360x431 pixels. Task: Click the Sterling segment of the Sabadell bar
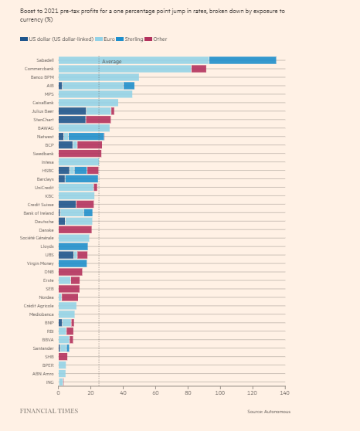[242, 60]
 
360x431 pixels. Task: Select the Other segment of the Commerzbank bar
[199, 69]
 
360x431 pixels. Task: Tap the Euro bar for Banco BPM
[98, 77]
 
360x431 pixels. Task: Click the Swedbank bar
[80, 153]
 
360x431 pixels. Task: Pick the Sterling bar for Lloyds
[73, 246]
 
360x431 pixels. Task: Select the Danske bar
[75, 229]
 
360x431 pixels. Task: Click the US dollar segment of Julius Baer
[72, 111]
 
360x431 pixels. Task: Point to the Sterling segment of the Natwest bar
[86, 136]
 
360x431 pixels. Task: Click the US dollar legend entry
[59, 39]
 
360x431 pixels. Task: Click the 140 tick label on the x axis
[284, 393]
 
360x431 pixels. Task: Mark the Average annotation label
[112, 61]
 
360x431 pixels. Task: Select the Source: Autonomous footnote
[268, 412]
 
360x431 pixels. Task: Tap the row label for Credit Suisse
[41, 204]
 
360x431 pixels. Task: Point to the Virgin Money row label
[41, 263]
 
